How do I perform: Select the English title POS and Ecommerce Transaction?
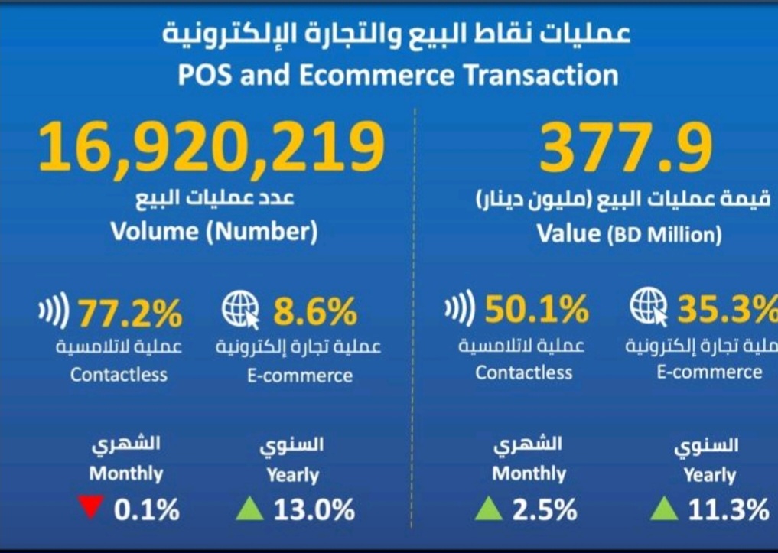point(398,75)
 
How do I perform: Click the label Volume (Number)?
point(214,231)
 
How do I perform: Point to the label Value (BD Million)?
point(629,233)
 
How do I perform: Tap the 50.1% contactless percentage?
point(536,310)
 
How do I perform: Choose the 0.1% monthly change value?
point(146,509)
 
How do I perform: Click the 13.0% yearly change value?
point(314,509)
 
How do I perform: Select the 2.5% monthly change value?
point(545,509)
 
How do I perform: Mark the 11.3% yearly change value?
point(728,509)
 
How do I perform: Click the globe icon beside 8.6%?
point(239,311)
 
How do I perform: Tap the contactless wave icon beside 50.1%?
point(460,310)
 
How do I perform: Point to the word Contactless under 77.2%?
point(119,375)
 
